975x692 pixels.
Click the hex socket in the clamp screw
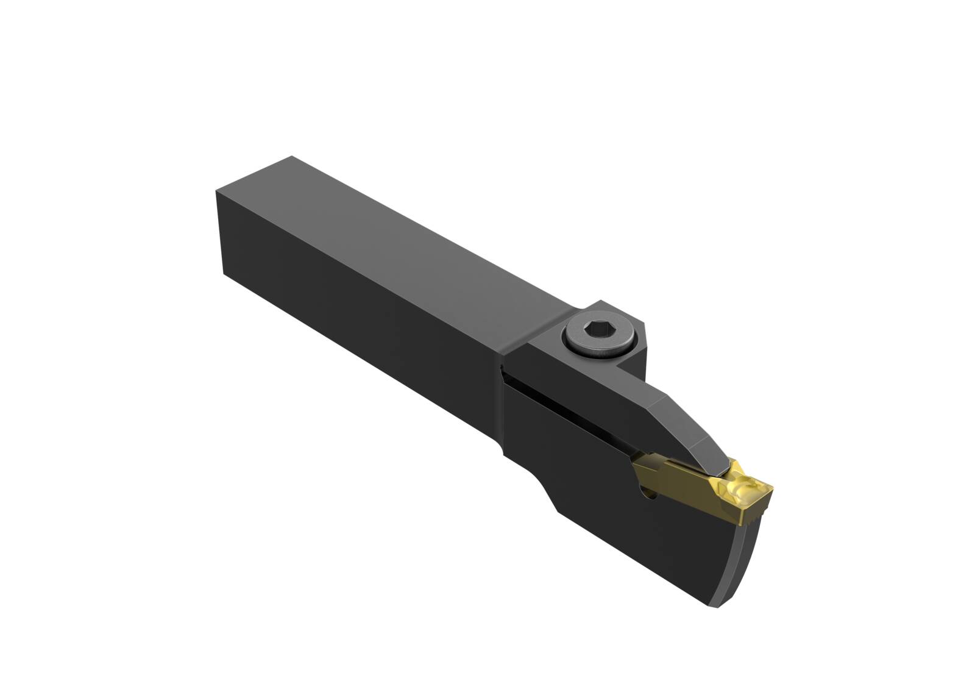[596, 332]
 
